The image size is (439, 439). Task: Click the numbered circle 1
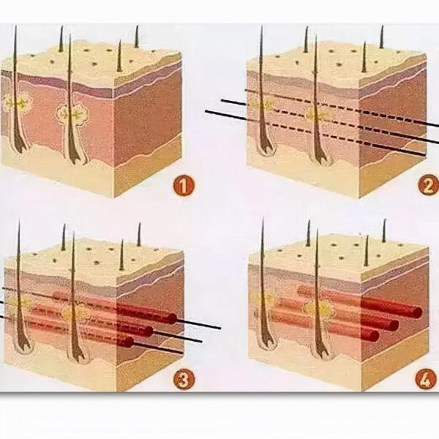(184, 186)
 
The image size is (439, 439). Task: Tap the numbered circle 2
(428, 186)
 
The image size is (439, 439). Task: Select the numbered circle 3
(184, 380)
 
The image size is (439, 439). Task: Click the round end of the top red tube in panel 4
(418, 312)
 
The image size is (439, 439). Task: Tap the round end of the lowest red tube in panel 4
(374, 335)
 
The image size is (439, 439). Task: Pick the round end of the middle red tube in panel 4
(394, 324)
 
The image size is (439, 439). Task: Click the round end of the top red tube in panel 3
(173, 319)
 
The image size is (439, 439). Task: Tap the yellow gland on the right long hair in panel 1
(72, 113)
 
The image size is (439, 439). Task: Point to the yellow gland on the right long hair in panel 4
(319, 309)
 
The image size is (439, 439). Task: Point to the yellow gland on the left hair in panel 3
(20, 303)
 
